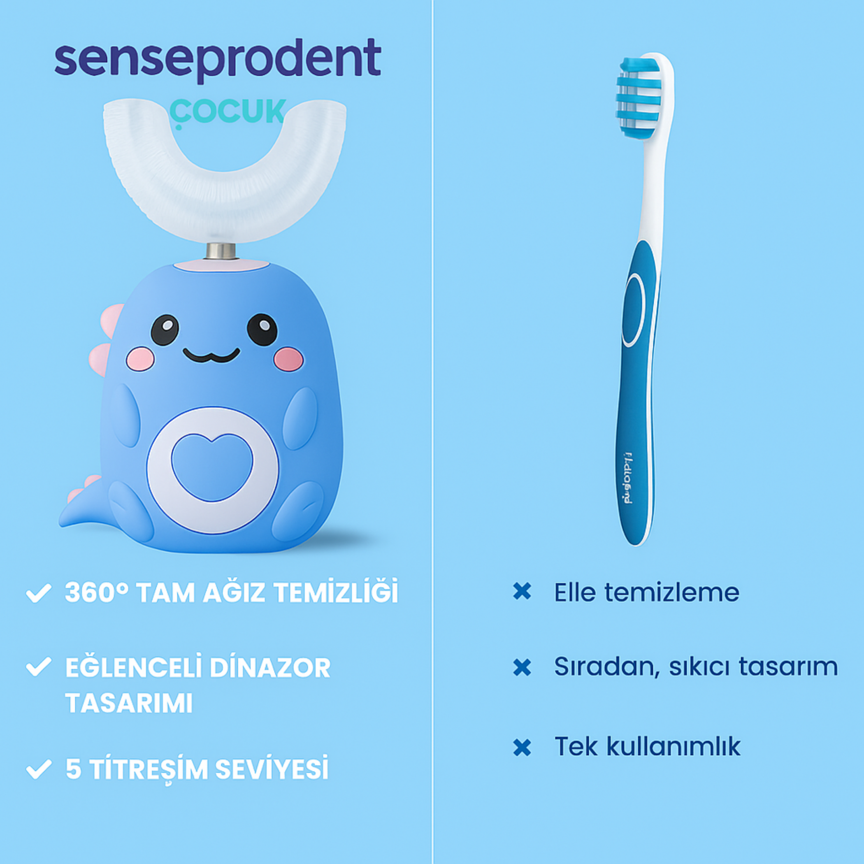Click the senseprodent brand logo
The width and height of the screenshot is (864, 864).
[x=218, y=60]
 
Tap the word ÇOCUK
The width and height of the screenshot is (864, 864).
[x=228, y=112]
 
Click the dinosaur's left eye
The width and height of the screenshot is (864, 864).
[x=165, y=330]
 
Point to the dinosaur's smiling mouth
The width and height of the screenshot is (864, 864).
[x=211, y=355]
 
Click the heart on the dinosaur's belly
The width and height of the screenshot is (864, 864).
[x=212, y=466]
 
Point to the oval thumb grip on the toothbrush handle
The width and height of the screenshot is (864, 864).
[x=634, y=310]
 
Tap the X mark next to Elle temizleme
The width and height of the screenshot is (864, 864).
[x=522, y=592]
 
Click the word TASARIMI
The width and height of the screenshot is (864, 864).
[x=129, y=703]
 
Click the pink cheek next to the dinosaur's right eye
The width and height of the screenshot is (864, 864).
[x=288, y=359]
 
